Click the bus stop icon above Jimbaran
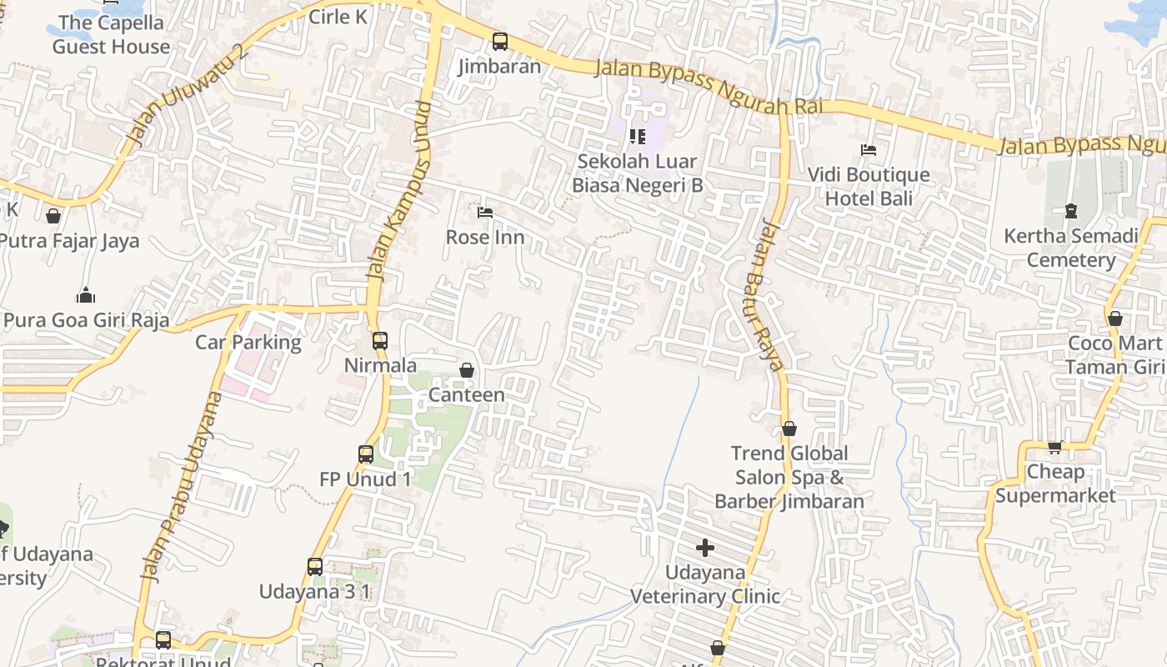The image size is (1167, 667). [499, 41]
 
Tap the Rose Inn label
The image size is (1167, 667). [485, 237]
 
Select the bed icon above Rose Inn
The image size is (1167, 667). [485, 213]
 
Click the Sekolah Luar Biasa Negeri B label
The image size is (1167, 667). [638, 173]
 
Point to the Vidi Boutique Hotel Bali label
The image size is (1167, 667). [869, 187]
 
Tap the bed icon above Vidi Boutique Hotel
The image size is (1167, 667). [869, 150]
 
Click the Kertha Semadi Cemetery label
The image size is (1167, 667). [1070, 248]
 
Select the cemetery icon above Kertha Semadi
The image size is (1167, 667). [1071, 211]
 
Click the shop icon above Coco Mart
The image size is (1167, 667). [1115, 318]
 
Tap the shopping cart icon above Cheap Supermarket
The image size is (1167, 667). [1055, 447]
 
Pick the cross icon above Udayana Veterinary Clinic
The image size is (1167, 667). [705, 548]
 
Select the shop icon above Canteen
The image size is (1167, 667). [467, 370]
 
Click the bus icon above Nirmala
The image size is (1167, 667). [380, 340]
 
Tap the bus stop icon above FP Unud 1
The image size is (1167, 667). [366, 454]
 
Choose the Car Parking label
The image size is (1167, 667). [248, 342]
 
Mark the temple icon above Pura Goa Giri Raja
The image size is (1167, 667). [86, 295]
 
